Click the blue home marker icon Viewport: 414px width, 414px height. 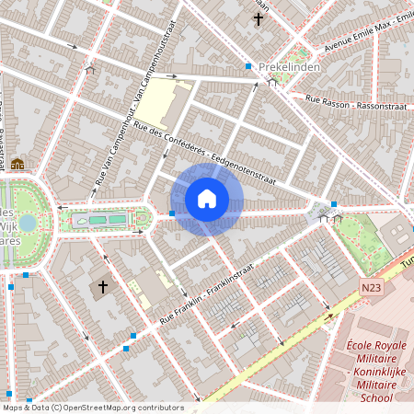click(207, 199)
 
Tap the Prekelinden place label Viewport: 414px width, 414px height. click(289, 67)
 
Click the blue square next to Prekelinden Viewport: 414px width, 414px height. click(248, 66)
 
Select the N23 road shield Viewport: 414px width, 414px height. click(371, 288)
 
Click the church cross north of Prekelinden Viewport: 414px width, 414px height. click(259, 17)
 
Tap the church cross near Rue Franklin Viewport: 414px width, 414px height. click(103, 287)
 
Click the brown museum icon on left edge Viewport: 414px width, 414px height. click(17, 164)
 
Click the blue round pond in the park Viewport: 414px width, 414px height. click(28, 223)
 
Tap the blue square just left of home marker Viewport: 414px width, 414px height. click(172, 213)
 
